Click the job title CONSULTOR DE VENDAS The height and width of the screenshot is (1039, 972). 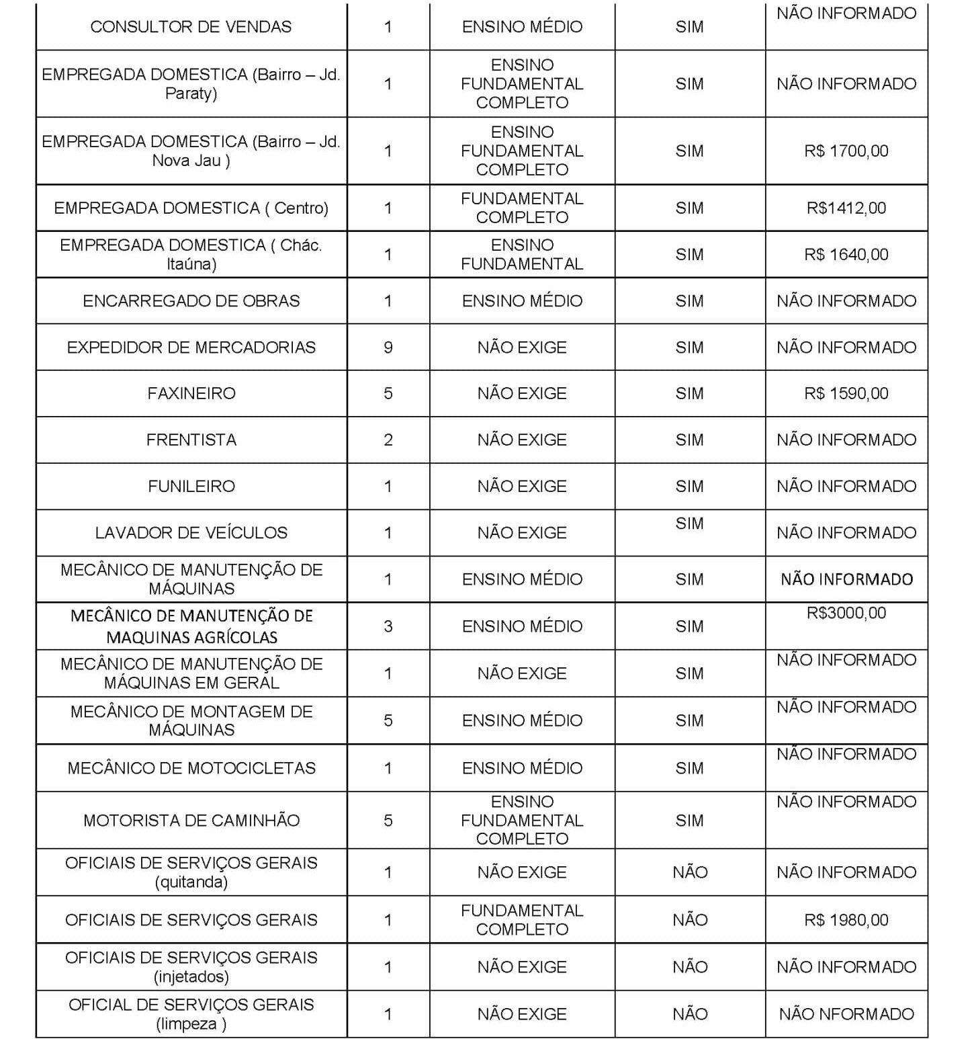(191, 27)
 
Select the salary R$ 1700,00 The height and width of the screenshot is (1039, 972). (846, 151)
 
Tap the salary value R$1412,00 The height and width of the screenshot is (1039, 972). (846, 208)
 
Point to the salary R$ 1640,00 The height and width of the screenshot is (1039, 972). (846, 255)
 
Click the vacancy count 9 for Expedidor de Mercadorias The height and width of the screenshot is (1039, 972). (388, 347)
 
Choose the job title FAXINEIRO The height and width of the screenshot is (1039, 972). (191, 393)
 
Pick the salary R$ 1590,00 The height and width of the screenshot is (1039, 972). (846, 393)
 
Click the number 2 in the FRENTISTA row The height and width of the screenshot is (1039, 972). (388, 440)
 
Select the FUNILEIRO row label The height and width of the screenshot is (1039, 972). (191, 486)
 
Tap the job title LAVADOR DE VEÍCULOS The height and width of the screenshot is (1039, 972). (191, 533)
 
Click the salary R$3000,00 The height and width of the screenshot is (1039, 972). (846, 613)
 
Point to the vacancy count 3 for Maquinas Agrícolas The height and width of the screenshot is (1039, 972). (388, 626)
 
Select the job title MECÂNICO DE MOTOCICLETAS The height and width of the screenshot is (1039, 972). (191, 768)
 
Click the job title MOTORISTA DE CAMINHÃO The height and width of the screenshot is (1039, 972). (191, 820)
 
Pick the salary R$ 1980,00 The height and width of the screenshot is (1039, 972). (846, 919)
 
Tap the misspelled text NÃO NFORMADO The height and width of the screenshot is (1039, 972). (846, 1014)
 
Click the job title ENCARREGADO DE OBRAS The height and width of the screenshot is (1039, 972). (191, 300)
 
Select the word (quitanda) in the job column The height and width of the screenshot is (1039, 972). (191, 882)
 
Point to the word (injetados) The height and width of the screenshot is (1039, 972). (191, 976)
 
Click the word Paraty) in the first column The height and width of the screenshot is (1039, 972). (191, 93)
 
